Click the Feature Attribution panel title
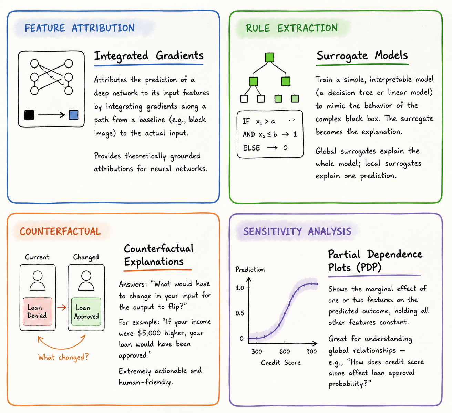(x=79, y=28)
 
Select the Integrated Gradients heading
(x=149, y=56)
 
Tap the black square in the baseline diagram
(x=29, y=115)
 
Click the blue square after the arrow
(x=73, y=115)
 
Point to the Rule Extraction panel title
(x=292, y=28)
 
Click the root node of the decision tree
(x=269, y=58)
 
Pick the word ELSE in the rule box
(x=251, y=148)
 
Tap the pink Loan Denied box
(x=38, y=311)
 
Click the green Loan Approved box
(x=86, y=312)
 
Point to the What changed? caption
(x=63, y=357)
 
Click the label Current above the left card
(x=37, y=257)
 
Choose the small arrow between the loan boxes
(x=62, y=307)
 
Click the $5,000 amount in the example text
(x=149, y=333)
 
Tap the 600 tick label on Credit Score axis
(x=285, y=351)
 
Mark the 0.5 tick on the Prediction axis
(x=240, y=313)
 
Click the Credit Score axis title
(x=281, y=362)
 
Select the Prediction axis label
(x=250, y=269)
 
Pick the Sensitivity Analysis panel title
(x=297, y=231)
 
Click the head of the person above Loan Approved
(x=86, y=276)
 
